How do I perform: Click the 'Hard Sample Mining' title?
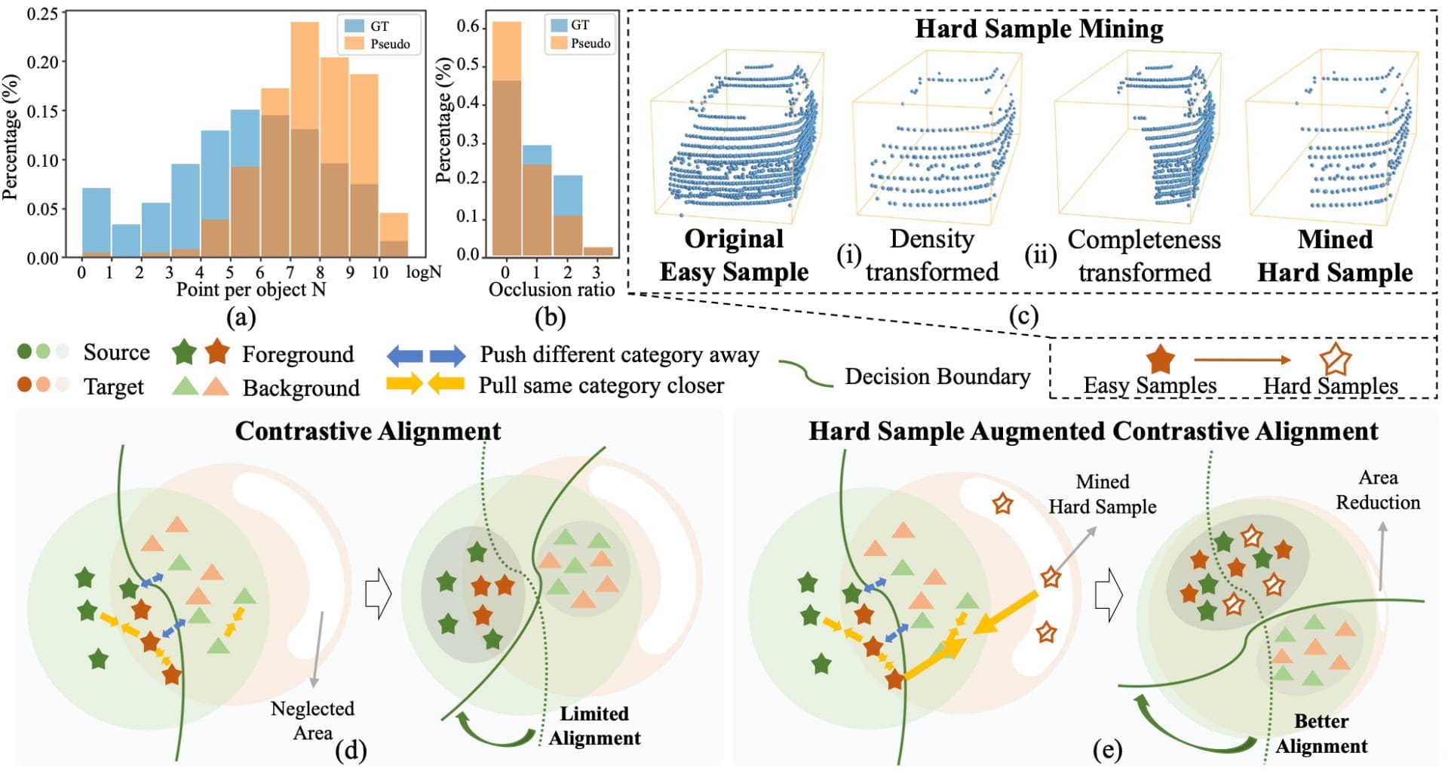coord(1039,29)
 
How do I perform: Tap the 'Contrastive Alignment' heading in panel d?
coord(368,431)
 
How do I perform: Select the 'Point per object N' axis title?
coord(250,290)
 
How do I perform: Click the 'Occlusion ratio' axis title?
coord(552,290)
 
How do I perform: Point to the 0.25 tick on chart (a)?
coord(42,13)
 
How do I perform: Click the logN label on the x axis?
coord(424,272)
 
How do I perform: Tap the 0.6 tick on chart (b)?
coord(468,27)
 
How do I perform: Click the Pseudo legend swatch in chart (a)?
coord(354,44)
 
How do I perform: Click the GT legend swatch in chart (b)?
coord(558,25)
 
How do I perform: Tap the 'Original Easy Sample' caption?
coord(734,255)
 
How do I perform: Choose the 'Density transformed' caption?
coord(932,255)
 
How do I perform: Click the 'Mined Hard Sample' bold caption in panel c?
coord(1335,256)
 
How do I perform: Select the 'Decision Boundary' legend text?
coord(937,376)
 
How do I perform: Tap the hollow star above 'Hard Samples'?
coord(1336,360)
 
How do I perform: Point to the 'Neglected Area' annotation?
coord(312,720)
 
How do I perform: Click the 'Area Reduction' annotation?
coord(1378,490)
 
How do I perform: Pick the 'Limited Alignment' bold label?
coord(594,726)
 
